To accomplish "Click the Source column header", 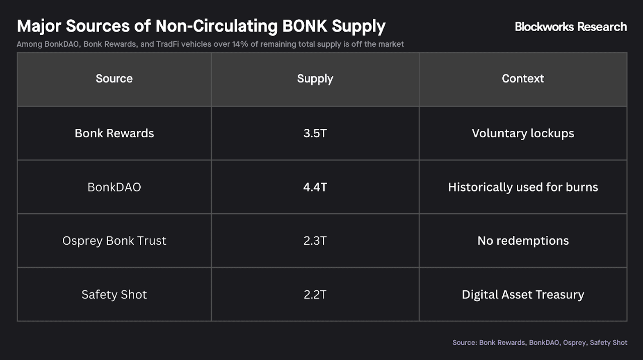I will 114,78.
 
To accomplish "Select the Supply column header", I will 315,78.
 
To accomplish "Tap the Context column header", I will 523,78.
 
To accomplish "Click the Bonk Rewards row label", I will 114,133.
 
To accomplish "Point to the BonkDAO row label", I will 114,187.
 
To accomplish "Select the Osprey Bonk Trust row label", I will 114,241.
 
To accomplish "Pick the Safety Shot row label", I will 114,295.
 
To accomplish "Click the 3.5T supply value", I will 315,133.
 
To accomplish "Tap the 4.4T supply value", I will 315,187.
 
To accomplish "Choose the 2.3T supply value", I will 315,241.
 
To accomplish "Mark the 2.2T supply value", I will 315,295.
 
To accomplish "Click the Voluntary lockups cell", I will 523,133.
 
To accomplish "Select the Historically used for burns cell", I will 523,187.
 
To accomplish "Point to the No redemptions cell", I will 523,241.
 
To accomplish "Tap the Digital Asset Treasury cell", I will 523,295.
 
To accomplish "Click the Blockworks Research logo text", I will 571,27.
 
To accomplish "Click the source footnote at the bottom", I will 539,342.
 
